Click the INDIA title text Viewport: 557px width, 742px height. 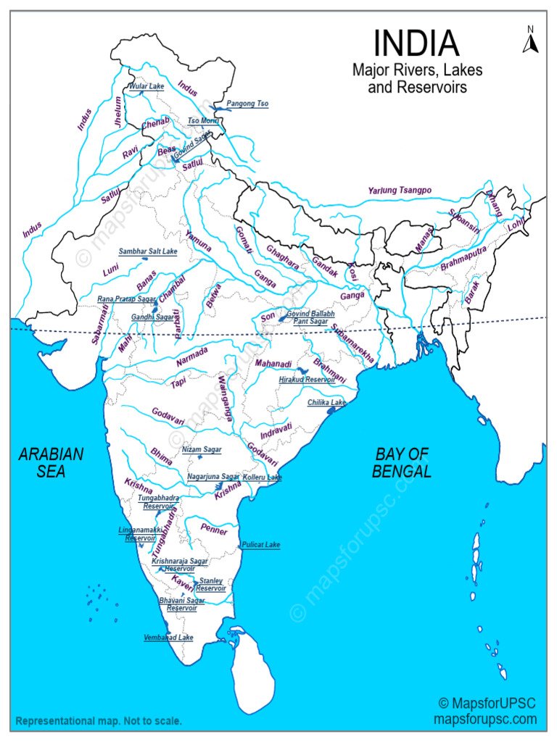(x=416, y=43)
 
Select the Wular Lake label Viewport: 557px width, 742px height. (x=147, y=86)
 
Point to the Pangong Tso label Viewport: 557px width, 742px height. (x=247, y=104)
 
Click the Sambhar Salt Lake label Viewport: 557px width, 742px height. (x=148, y=251)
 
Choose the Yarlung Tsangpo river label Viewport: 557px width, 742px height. (x=400, y=191)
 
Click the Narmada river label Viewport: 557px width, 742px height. (x=192, y=354)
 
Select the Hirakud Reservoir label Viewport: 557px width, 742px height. (x=307, y=379)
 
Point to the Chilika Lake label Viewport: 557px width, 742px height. (x=326, y=402)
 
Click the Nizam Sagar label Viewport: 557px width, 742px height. (x=202, y=449)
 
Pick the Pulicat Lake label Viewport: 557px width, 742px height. (x=260, y=544)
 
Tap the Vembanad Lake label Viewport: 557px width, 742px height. (x=169, y=638)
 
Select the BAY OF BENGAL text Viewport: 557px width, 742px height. (x=403, y=463)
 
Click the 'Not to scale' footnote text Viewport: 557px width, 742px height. (x=98, y=722)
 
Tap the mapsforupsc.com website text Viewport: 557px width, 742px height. (x=485, y=720)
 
